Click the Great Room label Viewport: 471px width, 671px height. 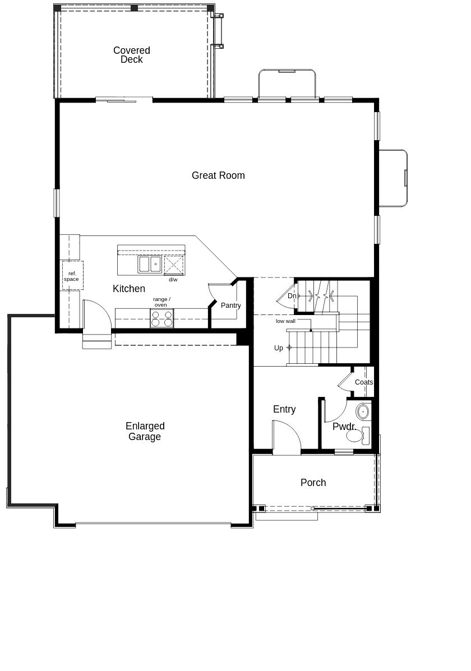tap(218, 175)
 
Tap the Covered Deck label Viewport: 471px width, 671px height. tap(131, 55)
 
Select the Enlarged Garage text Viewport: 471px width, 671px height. tap(145, 432)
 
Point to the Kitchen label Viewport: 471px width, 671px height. tap(129, 289)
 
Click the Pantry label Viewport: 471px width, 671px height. tap(230, 306)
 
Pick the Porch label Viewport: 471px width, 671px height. tap(313, 483)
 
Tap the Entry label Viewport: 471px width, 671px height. tap(284, 409)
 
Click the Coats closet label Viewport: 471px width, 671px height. tap(364, 382)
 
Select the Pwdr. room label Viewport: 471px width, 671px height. tap(344, 427)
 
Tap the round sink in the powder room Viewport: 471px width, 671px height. tap(363, 411)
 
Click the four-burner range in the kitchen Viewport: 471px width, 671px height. tap(161, 318)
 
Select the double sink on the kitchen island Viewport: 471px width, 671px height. tap(150, 264)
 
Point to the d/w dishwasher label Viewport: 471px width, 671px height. tap(173, 279)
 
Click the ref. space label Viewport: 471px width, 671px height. tap(72, 276)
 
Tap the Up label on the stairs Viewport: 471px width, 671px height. tap(279, 348)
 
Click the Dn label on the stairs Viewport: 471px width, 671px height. tap(292, 296)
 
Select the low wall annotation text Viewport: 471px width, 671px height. tap(285, 321)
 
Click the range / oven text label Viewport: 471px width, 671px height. tap(161, 302)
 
